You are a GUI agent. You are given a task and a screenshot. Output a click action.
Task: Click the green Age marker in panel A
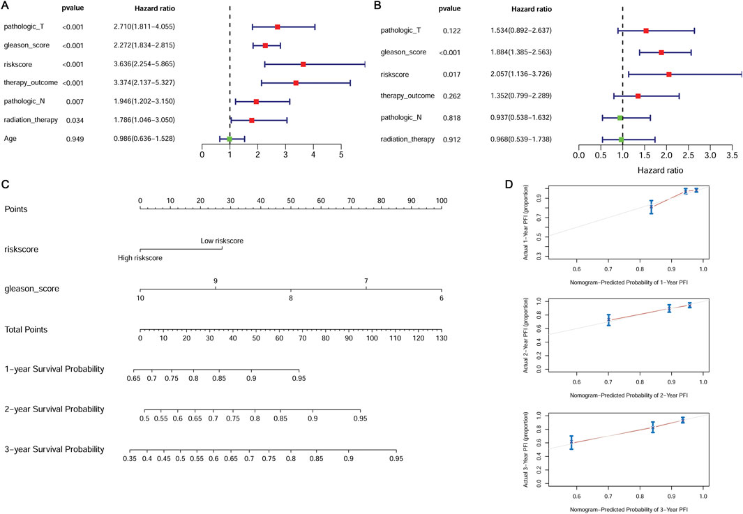click(230, 139)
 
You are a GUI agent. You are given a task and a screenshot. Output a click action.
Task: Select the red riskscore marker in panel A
click(303, 64)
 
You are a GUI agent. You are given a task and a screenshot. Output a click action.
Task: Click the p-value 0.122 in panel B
click(449, 31)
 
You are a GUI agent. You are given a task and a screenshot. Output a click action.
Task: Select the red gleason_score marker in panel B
click(661, 52)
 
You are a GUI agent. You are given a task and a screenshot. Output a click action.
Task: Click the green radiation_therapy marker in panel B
click(621, 139)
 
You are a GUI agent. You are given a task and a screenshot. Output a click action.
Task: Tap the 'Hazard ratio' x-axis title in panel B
click(659, 169)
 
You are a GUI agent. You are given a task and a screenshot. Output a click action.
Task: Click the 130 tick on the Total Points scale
click(440, 339)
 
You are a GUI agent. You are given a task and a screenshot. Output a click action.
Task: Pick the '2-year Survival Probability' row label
click(54, 409)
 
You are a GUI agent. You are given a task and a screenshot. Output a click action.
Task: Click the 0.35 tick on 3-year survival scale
click(130, 460)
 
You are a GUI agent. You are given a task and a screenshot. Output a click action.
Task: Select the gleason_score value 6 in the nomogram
click(441, 298)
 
